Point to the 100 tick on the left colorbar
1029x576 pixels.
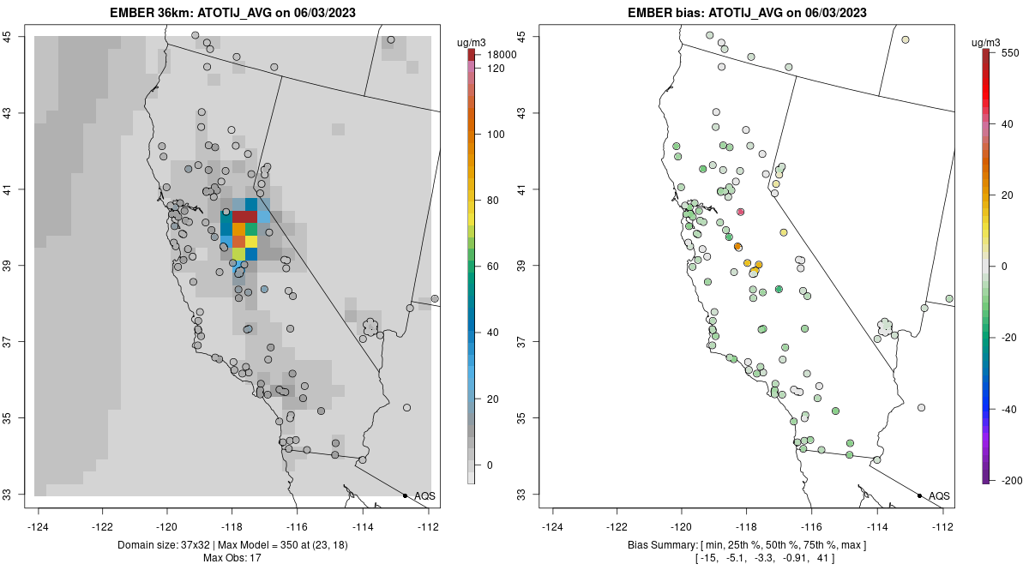496,135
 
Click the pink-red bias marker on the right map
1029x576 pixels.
740,212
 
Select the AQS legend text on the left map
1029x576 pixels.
424,495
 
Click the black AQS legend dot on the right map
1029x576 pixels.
919,495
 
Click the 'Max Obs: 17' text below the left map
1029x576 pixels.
232,558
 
